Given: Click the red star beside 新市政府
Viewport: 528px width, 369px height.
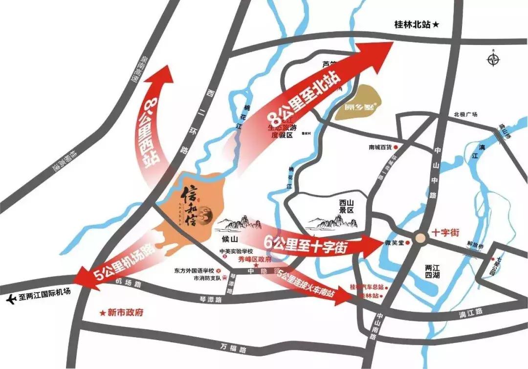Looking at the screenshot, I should pyautogui.click(x=103, y=313).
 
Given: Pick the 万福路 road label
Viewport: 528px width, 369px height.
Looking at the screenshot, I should pyautogui.click(x=235, y=348).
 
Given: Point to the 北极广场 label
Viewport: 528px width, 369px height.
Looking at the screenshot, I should pyautogui.click(x=465, y=114).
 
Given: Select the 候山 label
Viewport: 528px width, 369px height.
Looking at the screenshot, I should pyautogui.click(x=229, y=239).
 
